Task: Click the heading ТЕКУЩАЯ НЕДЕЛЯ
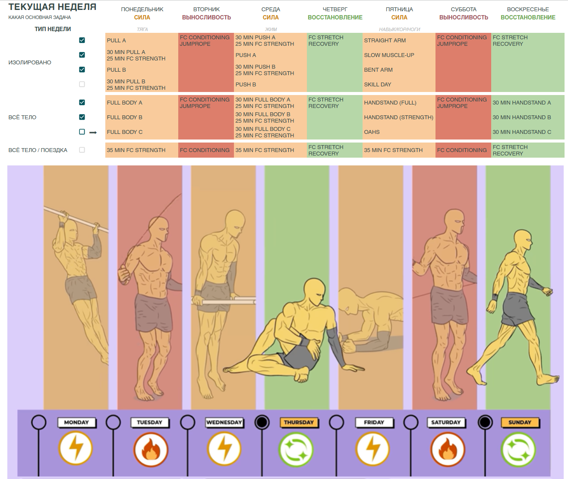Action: coord(52,7)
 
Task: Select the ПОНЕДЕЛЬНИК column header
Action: coord(142,9)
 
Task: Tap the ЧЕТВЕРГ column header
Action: coord(335,9)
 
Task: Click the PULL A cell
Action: coord(117,41)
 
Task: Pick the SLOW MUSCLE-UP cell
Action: coord(389,55)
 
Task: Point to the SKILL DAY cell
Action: coord(377,85)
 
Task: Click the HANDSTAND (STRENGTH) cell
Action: coord(398,117)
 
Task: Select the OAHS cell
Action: coord(372,132)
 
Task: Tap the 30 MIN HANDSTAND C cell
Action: coord(521,132)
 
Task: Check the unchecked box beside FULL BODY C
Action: coord(82,132)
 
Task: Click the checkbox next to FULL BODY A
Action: coord(82,102)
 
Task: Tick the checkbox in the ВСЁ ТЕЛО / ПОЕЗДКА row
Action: coord(82,150)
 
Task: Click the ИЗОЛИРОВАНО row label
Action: coord(30,63)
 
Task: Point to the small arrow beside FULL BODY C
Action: coord(93,133)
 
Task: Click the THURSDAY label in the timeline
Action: coord(299,422)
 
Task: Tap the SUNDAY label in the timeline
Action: coord(520,422)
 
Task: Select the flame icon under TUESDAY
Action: coord(151,450)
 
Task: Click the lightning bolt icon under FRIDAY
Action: coord(372,450)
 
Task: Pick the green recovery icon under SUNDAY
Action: coord(518,450)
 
